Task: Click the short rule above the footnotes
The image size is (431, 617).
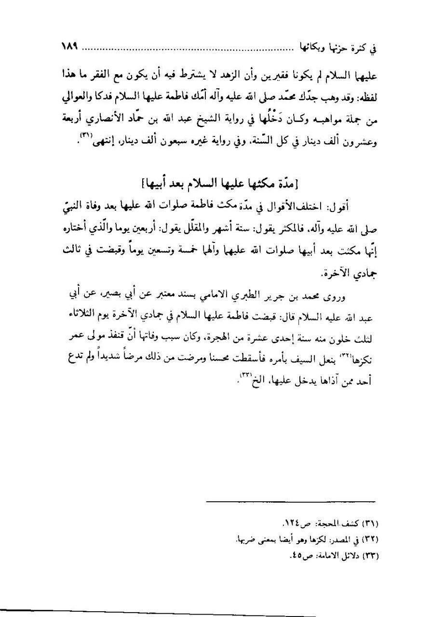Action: (x=291, y=501)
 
